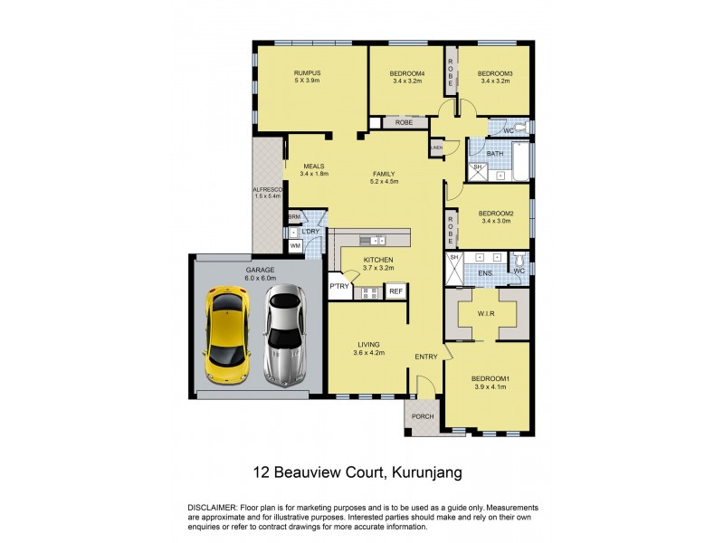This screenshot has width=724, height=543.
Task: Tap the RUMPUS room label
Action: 308,73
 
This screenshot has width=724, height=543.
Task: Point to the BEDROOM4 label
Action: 406,73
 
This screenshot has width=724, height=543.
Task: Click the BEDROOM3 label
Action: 495,73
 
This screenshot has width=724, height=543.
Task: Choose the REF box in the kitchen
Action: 395,291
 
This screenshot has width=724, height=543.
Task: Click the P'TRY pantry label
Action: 339,287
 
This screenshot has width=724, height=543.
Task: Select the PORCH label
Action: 423,416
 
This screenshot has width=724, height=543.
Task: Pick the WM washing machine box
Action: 295,245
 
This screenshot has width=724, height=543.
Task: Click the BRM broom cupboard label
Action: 294,217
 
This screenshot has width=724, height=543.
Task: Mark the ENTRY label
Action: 426,357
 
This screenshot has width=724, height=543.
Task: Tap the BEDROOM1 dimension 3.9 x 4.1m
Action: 489,387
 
